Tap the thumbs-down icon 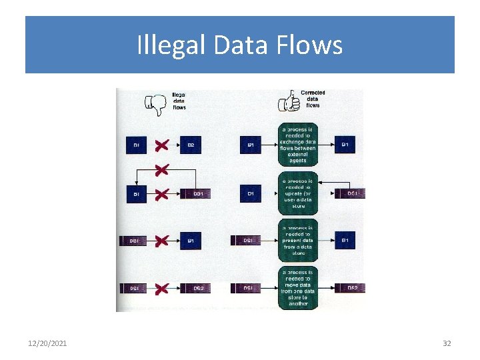pyautogui.click(x=155, y=103)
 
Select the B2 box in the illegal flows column pyautogui.click(x=191, y=145)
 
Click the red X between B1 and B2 pyautogui.click(x=160, y=145)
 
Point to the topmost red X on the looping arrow pyautogui.click(x=160, y=169)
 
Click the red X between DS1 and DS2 pyautogui.click(x=160, y=289)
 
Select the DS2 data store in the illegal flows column pyautogui.click(x=198, y=289)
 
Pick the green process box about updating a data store pyautogui.click(x=297, y=193)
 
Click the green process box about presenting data pyautogui.click(x=297, y=241)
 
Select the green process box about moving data pyautogui.click(x=297, y=288)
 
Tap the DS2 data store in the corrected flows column pyautogui.click(x=351, y=288)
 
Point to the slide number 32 pyautogui.click(x=447, y=343)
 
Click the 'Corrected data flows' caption pyautogui.click(x=313, y=99)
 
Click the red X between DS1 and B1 pyautogui.click(x=160, y=241)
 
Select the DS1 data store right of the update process pyautogui.click(x=351, y=193)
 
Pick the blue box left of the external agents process pyautogui.click(x=250, y=145)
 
